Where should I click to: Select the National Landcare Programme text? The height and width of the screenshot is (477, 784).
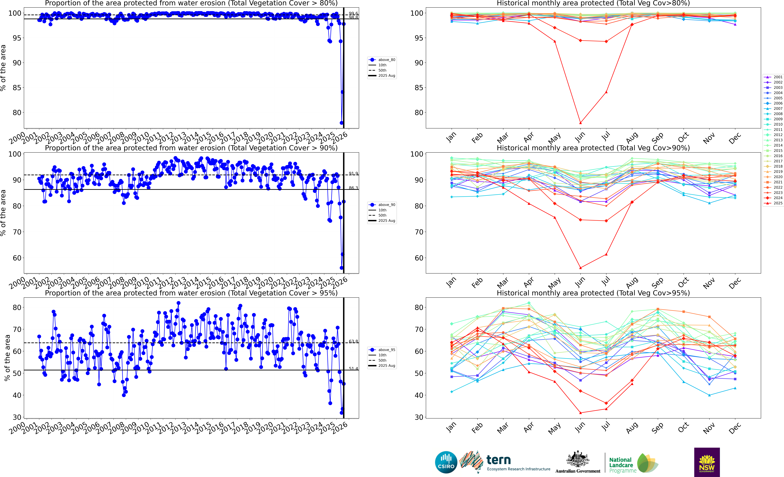pyautogui.click(x=620, y=465)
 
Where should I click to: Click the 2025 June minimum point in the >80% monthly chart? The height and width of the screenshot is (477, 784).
pyautogui.click(x=580, y=123)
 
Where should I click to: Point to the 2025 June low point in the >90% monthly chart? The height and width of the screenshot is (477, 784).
pyautogui.click(x=580, y=268)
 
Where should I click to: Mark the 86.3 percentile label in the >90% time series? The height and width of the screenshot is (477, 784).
pyautogui.click(x=353, y=188)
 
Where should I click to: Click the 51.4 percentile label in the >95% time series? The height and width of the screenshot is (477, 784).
pyautogui.click(x=353, y=369)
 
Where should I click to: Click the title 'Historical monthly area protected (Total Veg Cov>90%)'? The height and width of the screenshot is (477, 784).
pyautogui.click(x=593, y=148)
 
